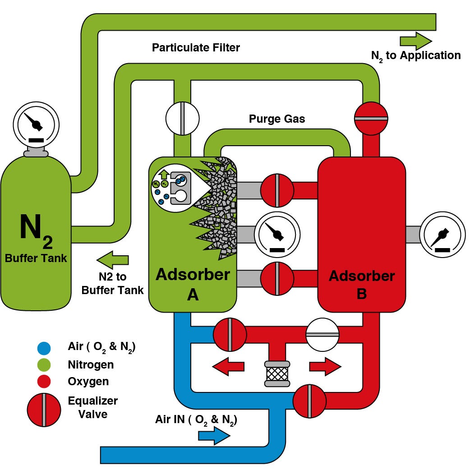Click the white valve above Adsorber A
(x=182, y=119)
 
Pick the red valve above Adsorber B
(x=371, y=118)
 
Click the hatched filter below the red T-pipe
(x=276, y=374)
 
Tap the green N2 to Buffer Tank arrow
(x=113, y=260)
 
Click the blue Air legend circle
(x=44, y=348)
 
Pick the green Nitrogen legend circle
(x=44, y=364)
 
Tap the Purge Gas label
(x=277, y=119)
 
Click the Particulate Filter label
(x=196, y=47)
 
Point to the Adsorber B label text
(x=362, y=284)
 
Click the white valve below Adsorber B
(x=322, y=334)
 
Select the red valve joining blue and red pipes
(x=309, y=401)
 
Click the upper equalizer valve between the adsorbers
(x=277, y=190)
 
